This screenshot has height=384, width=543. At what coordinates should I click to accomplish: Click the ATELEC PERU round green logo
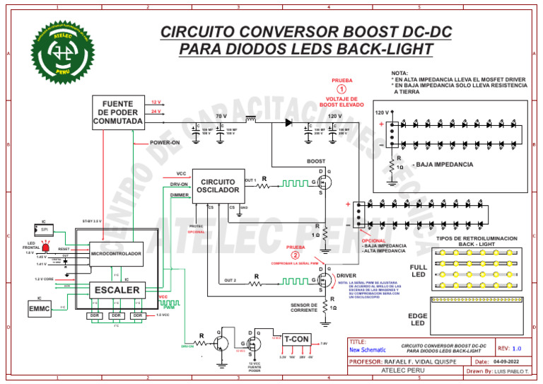pos(62,52)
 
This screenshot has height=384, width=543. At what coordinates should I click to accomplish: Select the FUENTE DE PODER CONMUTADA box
pos(118,113)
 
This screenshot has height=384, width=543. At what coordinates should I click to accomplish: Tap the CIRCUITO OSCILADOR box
pos(218,186)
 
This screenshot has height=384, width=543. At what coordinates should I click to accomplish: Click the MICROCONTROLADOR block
pos(116,253)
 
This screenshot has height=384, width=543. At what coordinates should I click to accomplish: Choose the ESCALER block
pos(117,289)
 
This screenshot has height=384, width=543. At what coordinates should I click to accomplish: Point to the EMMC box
pos(40,309)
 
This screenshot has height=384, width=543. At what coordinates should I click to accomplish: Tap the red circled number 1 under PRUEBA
pos(341,89)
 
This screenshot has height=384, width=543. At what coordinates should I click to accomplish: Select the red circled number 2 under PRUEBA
pos(295,255)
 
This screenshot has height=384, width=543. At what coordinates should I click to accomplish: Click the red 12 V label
pos(156,103)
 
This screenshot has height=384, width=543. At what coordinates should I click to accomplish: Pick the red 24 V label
pos(156,112)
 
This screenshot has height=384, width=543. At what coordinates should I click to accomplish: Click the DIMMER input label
pos(180,194)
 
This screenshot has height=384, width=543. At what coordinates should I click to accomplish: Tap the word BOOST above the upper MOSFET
pos(316,161)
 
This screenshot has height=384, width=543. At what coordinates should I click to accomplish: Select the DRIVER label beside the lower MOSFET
pos(346,274)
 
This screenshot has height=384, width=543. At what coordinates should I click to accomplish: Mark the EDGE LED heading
pos(418,319)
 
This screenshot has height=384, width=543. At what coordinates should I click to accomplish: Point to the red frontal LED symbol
pos(47,248)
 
